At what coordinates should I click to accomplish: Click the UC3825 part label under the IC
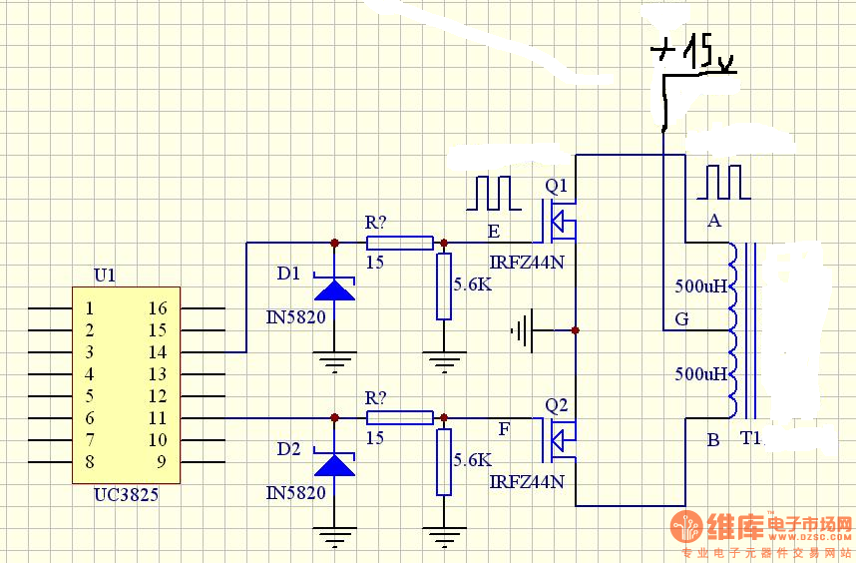(x=126, y=495)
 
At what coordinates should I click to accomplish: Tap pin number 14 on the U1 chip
(x=158, y=352)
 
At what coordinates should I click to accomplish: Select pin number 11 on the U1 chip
(x=158, y=418)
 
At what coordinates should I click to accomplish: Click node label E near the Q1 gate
(x=494, y=232)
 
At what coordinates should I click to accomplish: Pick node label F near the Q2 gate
(x=504, y=429)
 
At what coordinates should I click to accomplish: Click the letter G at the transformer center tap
(x=681, y=318)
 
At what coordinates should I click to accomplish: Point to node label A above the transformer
(x=714, y=221)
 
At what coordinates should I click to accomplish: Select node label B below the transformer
(x=713, y=439)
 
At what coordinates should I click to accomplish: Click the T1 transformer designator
(x=750, y=438)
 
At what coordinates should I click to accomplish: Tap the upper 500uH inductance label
(x=701, y=285)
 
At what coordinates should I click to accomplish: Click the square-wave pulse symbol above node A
(x=723, y=182)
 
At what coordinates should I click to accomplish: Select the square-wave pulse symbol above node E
(x=494, y=193)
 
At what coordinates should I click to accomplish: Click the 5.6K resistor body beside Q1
(x=444, y=286)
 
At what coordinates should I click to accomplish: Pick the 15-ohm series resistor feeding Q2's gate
(x=400, y=418)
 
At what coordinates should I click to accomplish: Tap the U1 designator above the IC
(x=105, y=276)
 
